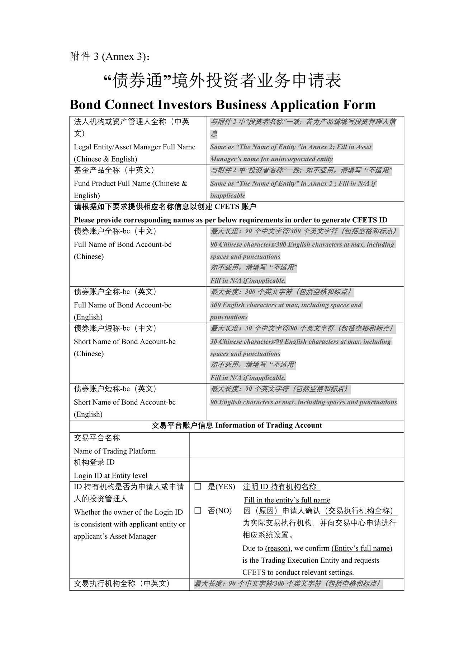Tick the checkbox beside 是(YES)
click(198, 487)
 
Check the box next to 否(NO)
click(198, 511)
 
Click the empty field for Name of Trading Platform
click(297, 445)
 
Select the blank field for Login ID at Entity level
click(297, 469)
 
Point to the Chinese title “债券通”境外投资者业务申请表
click(222, 80)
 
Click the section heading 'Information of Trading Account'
click(269, 426)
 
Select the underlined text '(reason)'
click(278, 548)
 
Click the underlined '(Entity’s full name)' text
click(362, 548)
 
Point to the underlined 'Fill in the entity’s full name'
click(287, 500)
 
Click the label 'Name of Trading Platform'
click(115, 451)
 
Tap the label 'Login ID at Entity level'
click(110, 475)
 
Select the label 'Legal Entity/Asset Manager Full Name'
click(134, 147)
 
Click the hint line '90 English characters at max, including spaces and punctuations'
click(303, 402)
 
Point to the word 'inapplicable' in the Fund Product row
click(228, 195)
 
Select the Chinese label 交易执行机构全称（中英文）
click(122, 584)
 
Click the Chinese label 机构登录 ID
click(94, 463)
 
